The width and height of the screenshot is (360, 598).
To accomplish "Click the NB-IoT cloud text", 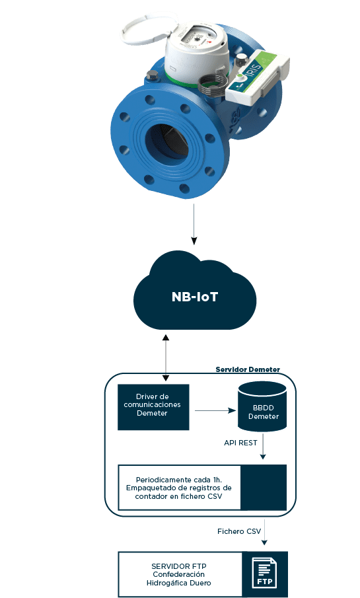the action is click(194, 297).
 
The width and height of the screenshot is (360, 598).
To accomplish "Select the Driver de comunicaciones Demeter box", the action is click(153, 407).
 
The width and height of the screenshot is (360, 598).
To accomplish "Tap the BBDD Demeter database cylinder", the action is click(262, 406).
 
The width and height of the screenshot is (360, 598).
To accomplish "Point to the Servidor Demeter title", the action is click(248, 369).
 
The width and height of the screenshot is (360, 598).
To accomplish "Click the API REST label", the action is click(240, 443).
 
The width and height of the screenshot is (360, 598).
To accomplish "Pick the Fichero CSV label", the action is click(239, 531).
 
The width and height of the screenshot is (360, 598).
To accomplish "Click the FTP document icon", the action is click(265, 573).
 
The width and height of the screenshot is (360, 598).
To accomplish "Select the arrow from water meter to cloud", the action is click(194, 224).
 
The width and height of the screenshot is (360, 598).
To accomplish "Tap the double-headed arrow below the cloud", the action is click(166, 357).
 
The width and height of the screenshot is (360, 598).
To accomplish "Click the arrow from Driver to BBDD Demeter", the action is click(215, 411).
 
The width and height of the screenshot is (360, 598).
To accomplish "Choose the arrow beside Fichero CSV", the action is click(264, 532).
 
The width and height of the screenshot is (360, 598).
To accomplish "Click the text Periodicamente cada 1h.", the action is click(179, 480).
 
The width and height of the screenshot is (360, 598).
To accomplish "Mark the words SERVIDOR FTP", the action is click(179, 566).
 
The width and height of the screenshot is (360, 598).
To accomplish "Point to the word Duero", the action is click(200, 583).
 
